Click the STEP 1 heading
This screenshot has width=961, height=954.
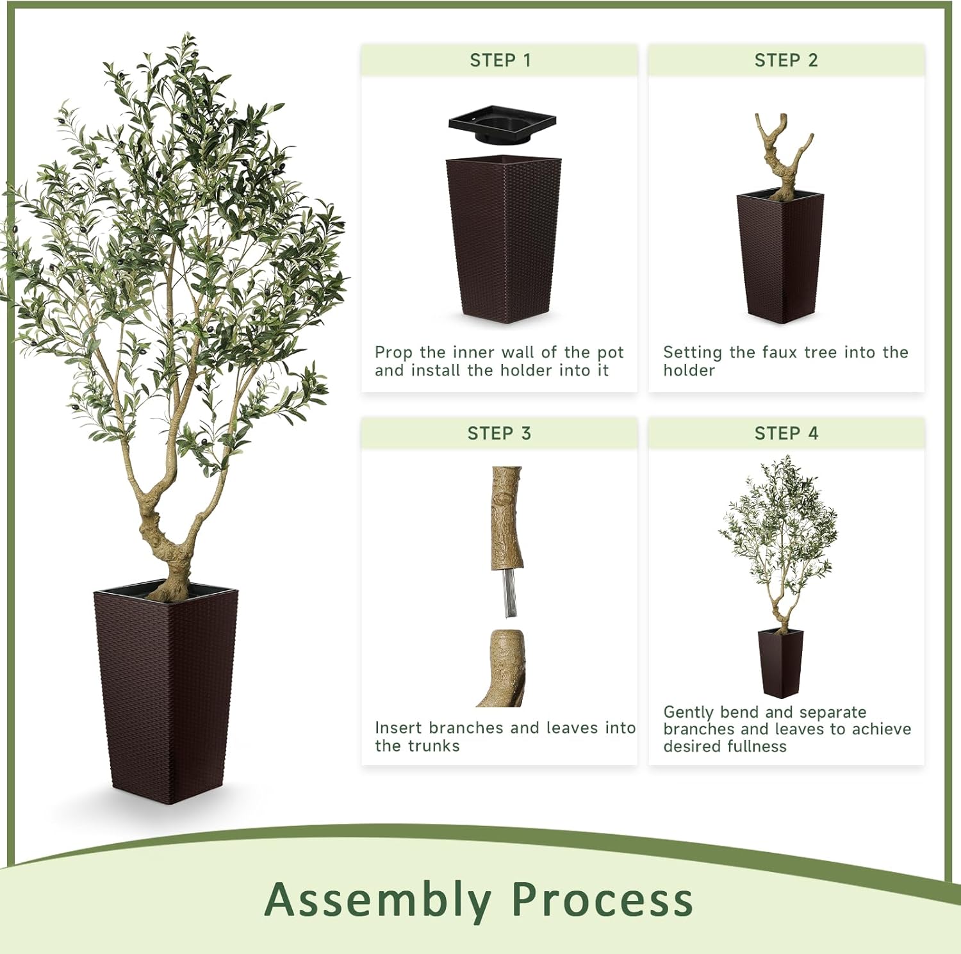[x=500, y=60]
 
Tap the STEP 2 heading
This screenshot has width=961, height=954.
[x=785, y=60]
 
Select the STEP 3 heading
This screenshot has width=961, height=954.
[x=499, y=434]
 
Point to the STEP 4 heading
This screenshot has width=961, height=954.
[x=786, y=434]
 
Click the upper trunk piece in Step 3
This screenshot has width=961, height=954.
[x=507, y=516]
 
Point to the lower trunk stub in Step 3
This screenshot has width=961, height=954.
[x=504, y=670]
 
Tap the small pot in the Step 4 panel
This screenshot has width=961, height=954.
[x=780, y=663]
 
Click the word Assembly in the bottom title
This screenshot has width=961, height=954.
[x=377, y=900]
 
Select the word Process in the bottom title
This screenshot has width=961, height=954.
[x=602, y=900]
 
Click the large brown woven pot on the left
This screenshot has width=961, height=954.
[x=167, y=692]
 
